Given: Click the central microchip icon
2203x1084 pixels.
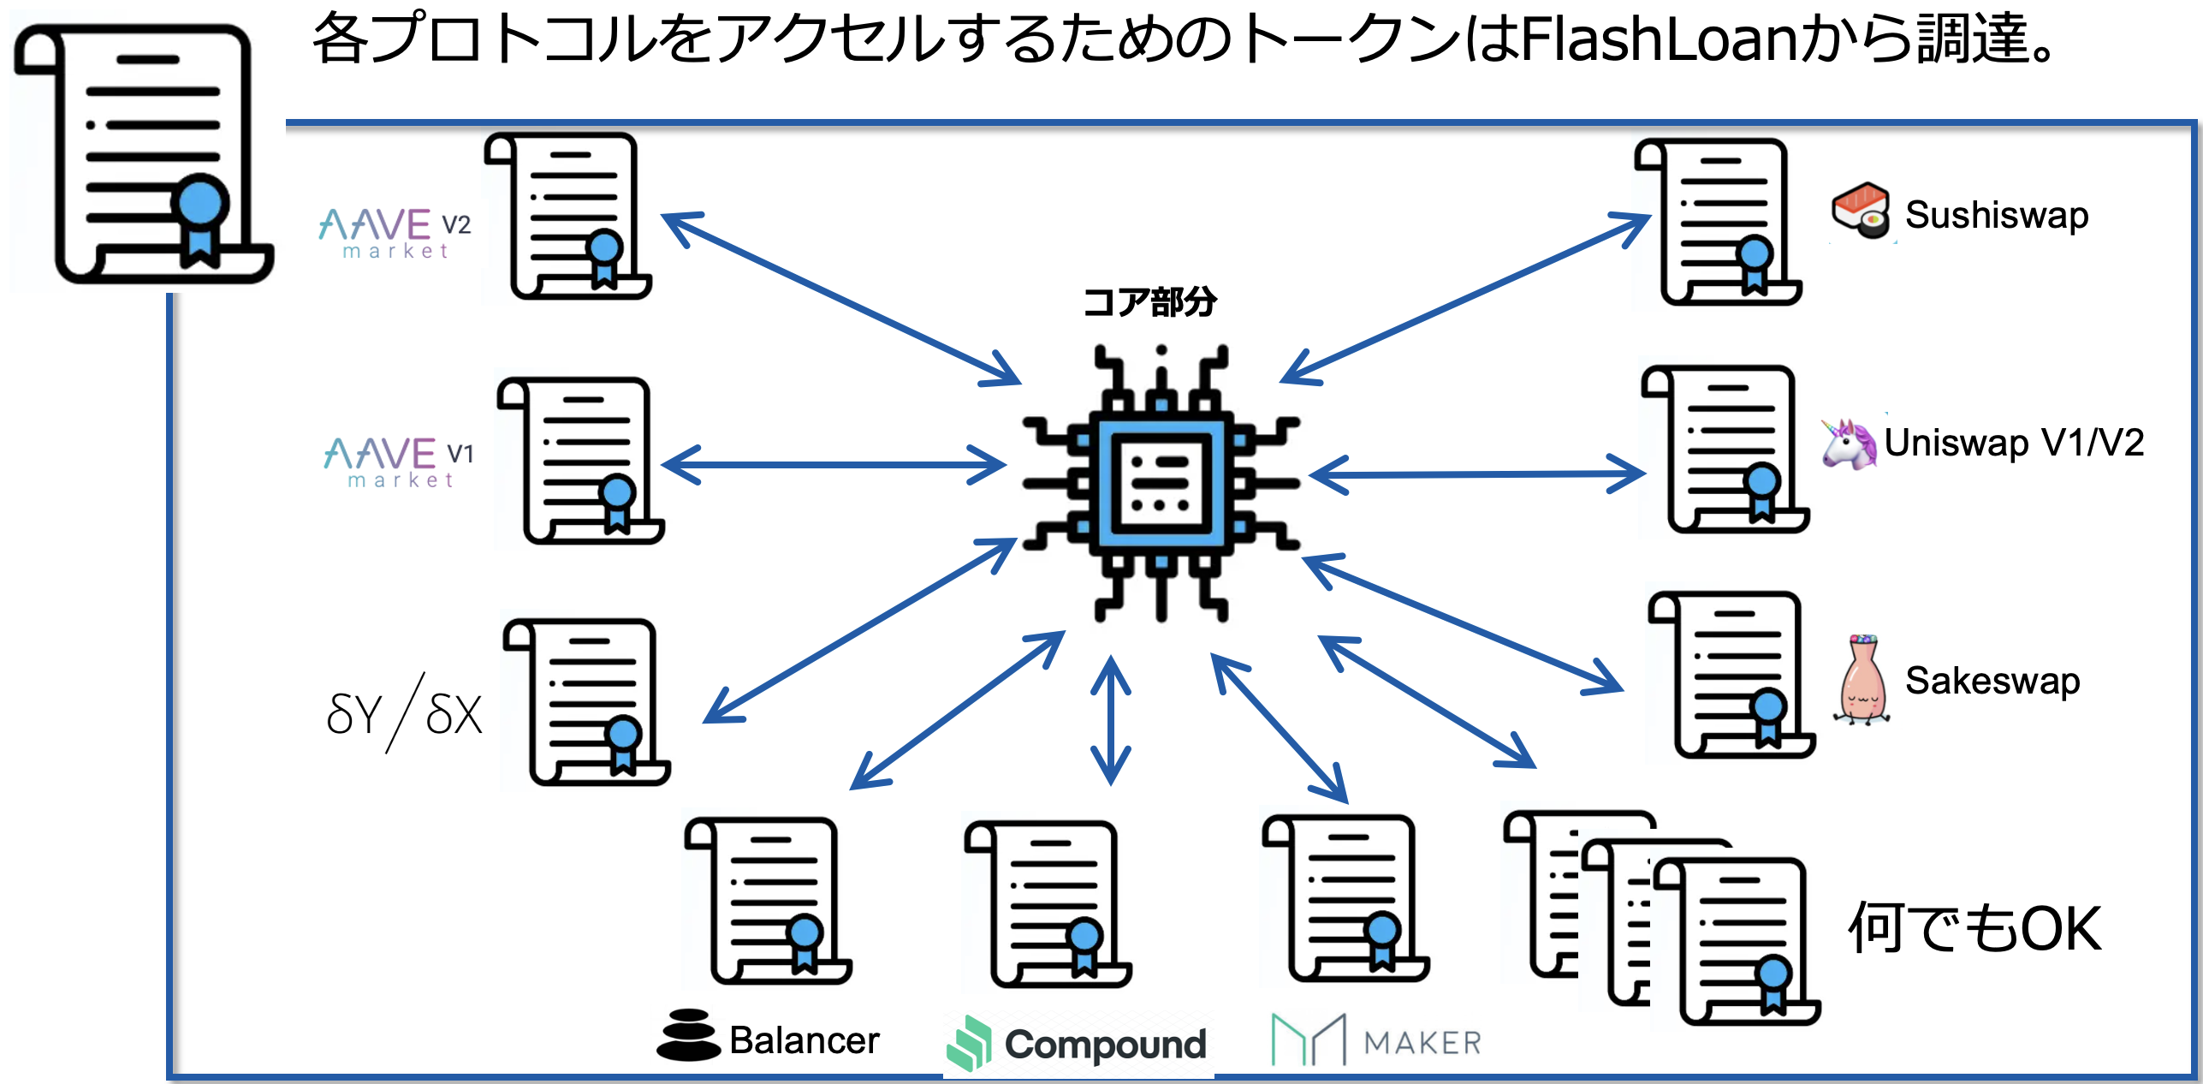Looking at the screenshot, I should click(1161, 484).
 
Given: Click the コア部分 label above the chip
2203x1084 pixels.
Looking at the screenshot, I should click(1149, 302).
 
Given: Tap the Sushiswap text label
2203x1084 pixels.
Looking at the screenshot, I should click(1996, 215).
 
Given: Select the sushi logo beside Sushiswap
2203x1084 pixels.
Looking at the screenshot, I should click(1860, 211).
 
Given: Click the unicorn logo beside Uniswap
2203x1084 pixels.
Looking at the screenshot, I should click(1849, 444).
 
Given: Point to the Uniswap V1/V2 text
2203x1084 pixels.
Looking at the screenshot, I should click(2013, 444).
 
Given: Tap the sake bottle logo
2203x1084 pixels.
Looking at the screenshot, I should click(1862, 681).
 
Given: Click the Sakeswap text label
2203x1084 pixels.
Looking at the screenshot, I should click(1992, 682).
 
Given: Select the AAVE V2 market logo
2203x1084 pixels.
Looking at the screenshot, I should click(395, 232).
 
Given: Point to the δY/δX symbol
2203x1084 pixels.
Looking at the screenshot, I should click(404, 713).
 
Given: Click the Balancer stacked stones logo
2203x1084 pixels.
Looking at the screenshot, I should click(687, 1035).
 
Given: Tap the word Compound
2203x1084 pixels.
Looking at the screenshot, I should click(1104, 1045).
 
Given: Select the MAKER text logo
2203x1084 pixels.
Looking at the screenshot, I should click(1422, 1043).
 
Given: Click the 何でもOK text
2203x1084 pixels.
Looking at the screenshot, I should click(1974, 928).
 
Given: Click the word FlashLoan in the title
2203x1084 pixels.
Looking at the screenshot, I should click(1658, 40).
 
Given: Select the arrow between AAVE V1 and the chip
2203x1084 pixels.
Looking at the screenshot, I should click(834, 465).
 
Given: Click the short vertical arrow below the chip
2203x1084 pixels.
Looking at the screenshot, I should click(1110, 720).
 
